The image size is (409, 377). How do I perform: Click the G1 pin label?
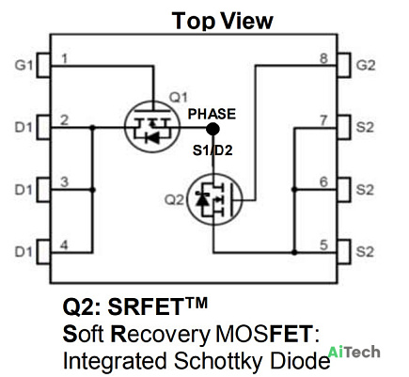coord(24,66)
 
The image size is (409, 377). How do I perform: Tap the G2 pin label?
coord(366,66)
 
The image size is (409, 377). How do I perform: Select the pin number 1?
coord(65,58)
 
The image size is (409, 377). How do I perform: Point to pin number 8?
coord(323,58)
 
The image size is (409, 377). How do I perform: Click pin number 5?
coord(323,245)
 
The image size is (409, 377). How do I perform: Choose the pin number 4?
coord(64,245)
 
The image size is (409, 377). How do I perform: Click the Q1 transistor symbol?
coord(152,127)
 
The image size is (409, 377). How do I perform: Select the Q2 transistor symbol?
coord(214,199)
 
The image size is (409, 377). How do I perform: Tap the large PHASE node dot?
coord(212,129)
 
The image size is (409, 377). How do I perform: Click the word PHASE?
coord(212,114)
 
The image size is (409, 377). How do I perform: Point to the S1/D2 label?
coord(212,150)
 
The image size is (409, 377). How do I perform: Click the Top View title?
coord(223,21)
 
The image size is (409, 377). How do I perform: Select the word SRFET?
coord(145,306)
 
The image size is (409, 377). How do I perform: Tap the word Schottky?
coord(217,361)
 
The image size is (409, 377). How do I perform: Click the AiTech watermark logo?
coord(354,352)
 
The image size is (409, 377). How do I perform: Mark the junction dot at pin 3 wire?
coord(92,190)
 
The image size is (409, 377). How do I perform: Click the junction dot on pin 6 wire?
coord(294,190)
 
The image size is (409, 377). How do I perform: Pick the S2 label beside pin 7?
coord(365,128)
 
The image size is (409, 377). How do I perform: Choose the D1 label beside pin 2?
coord(24,128)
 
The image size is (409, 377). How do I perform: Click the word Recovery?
coord(161,335)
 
